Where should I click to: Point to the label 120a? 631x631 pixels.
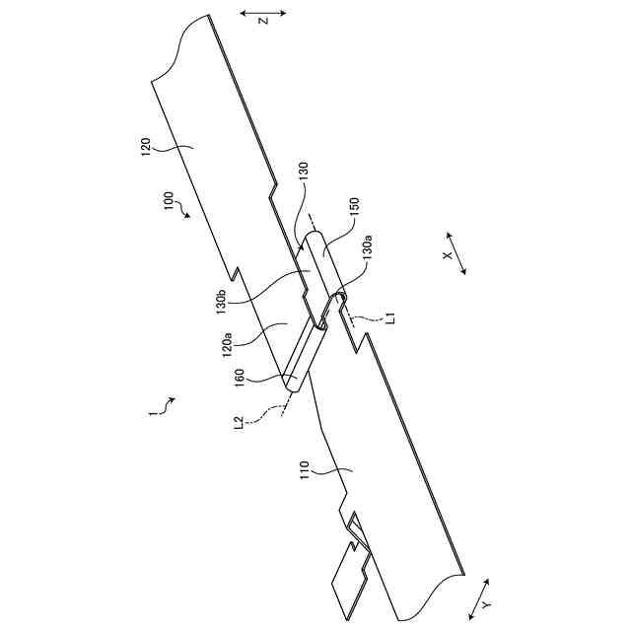[x=226, y=345]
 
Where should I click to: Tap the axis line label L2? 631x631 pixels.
[x=240, y=426]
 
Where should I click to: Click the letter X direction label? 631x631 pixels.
[x=447, y=255]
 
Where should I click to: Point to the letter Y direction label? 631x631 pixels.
[x=486, y=604]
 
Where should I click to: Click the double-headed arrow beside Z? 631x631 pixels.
[x=263, y=13]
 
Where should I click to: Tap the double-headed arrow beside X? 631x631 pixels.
[x=455, y=255]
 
